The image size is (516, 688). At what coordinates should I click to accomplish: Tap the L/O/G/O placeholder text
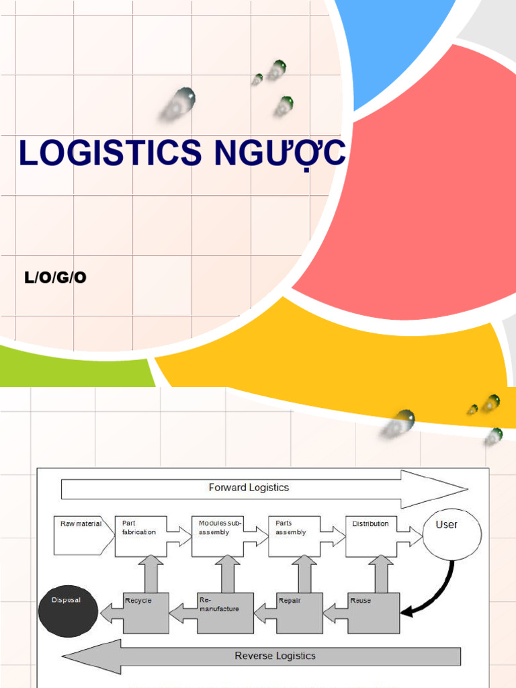pos(55,277)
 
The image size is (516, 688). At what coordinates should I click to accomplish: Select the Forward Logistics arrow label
pos(249,488)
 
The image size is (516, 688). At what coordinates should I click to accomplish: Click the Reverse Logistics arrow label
pos(274,656)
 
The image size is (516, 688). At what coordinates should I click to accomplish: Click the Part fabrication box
pos(140,535)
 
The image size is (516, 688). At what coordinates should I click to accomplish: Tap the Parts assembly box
pos(293,535)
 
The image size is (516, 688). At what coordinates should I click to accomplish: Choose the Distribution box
pos(370,535)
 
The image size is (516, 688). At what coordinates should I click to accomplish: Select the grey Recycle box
pos(146,612)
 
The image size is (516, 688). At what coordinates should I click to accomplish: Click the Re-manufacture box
pos(225,612)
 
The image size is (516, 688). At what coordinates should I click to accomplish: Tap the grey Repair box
pos(299,612)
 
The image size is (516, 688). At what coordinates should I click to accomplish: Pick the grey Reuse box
pos(374,612)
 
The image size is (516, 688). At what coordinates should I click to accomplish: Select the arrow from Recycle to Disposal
pos(112,612)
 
